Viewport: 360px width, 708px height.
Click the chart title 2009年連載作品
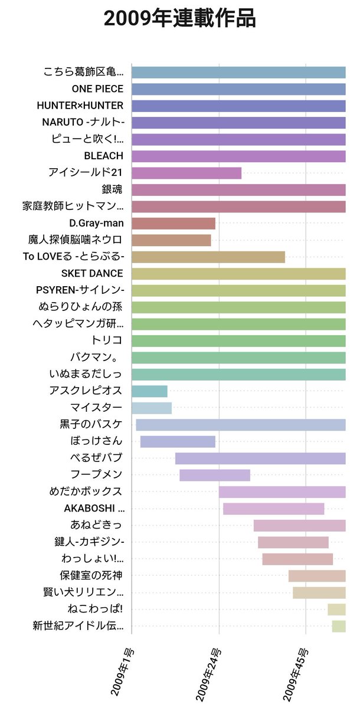pos(179,19)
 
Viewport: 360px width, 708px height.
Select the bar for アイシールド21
pos(186,173)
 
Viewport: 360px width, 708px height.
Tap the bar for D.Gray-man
pos(173,224)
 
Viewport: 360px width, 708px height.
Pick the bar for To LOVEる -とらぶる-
pos(208,257)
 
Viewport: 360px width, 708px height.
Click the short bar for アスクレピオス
pos(149,391)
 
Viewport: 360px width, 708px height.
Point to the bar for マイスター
pos(152,408)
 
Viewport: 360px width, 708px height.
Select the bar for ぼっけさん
pos(178,441)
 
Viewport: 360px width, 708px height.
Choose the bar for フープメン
pos(215,475)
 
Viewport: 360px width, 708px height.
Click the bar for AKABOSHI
pos(273,509)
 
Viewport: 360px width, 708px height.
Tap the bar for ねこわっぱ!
pos(336,609)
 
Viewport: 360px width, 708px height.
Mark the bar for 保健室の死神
pos(317,576)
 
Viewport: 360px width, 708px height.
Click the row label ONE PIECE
pos(97,89)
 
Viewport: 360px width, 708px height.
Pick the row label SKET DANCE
pos(92,274)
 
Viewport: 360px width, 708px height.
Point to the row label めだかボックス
pos(86,491)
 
